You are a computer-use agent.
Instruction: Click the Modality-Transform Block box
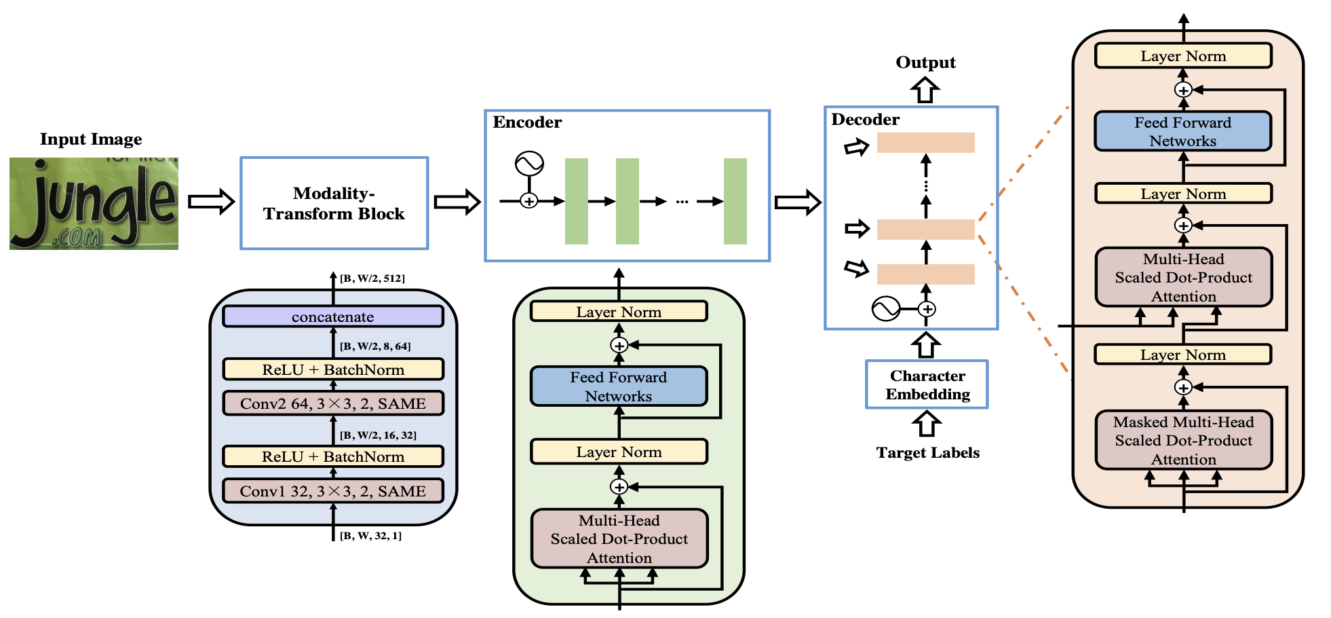coord(334,203)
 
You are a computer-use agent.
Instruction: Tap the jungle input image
coord(94,203)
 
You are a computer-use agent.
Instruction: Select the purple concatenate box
coord(332,316)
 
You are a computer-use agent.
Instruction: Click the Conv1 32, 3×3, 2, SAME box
coord(332,491)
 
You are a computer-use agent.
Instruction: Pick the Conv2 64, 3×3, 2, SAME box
coord(332,403)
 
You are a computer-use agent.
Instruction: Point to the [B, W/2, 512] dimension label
coord(372,278)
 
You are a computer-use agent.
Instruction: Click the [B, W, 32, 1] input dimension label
coord(370,536)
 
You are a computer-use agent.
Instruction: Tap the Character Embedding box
coord(927,384)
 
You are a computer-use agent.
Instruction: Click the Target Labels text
coord(927,453)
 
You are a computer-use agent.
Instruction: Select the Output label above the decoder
coord(925,62)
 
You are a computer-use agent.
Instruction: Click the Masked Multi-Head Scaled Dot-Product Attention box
coord(1183,440)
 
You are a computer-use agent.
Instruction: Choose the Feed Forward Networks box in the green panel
coord(618,386)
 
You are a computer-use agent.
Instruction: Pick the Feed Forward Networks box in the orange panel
coord(1182,131)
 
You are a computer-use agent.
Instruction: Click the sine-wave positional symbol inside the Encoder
coord(529,164)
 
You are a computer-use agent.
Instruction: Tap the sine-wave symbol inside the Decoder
coord(885,309)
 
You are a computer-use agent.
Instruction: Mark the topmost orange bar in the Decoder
coord(925,143)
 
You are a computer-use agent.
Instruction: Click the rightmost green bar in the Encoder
coord(735,201)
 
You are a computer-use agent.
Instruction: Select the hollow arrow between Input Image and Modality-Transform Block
coord(211,202)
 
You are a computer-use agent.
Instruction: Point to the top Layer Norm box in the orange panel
coord(1182,56)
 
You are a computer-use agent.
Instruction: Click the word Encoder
coord(527,122)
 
